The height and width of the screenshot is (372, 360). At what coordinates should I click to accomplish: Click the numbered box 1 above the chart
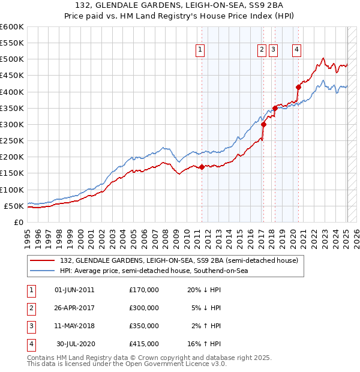pos(200,50)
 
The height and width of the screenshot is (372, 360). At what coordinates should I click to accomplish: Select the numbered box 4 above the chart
pos(296,50)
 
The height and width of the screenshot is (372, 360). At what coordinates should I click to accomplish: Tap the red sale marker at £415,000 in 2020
pos(298,87)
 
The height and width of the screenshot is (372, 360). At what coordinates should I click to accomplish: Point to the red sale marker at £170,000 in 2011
pos(202,167)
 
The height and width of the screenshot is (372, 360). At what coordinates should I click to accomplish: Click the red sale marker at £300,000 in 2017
pos(264,125)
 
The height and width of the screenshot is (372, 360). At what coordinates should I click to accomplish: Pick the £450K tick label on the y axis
pos(12,76)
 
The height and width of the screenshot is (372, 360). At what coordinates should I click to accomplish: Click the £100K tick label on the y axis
pos(12,190)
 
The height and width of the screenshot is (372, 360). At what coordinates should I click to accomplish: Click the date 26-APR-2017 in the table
pos(74,308)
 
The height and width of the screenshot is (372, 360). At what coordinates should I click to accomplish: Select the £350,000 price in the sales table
pos(144,326)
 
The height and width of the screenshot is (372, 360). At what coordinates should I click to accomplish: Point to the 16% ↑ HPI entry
pos(204,344)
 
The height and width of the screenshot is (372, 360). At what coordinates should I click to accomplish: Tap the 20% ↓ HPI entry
pos(204,290)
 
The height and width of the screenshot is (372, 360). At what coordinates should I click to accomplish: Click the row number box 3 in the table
pos(31,326)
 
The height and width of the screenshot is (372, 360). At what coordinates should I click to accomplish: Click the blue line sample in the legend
pos(42,271)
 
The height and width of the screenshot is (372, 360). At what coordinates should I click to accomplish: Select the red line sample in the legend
pos(42,260)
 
